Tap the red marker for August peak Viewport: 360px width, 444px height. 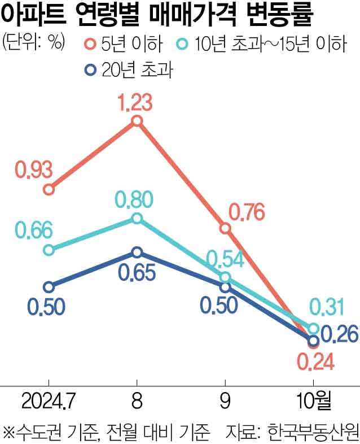pyautogui.click(x=136, y=120)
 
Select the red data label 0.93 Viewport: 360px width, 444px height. pyautogui.click(x=33, y=169)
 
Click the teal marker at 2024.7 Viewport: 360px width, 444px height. pyautogui.click(x=49, y=250)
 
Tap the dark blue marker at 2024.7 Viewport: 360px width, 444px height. pyautogui.click(x=49, y=287)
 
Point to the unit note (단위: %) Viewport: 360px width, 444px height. pyautogui.click(x=33, y=42)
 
